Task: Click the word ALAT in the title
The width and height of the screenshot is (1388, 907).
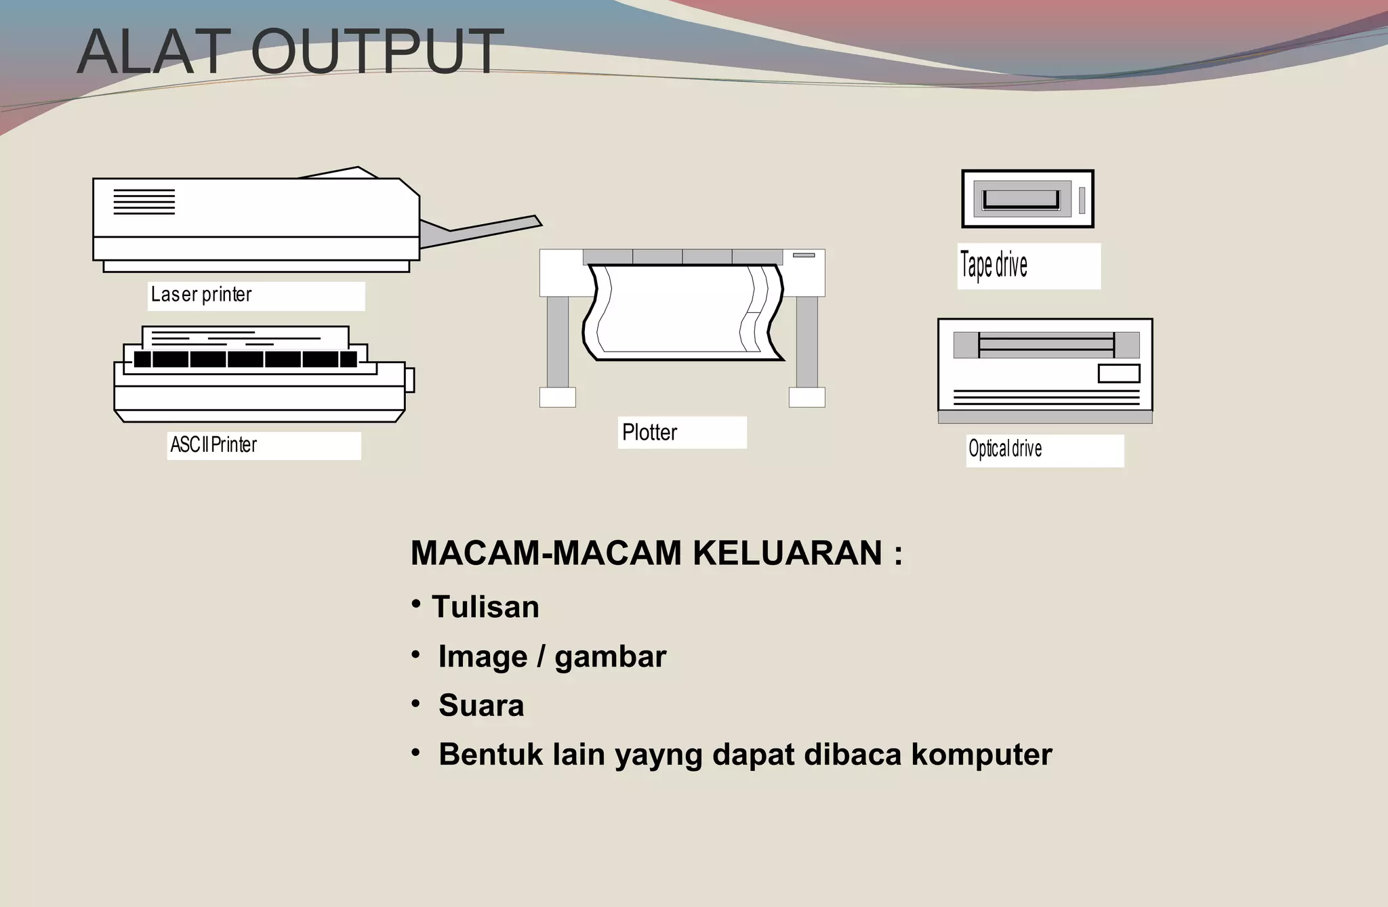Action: pos(153,52)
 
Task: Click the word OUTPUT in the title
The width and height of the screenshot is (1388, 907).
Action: pos(377,52)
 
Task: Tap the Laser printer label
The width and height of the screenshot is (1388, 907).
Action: pos(201,295)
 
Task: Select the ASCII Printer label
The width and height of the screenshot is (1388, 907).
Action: pos(213,445)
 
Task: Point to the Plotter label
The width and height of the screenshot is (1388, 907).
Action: pos(649,432)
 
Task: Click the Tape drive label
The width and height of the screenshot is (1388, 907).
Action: pos(994,265)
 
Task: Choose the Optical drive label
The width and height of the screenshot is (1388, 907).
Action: pos(1005,448)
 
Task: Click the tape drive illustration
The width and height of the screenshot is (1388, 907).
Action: pos(1027,198)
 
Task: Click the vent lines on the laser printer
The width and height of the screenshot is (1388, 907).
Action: pos(144,202)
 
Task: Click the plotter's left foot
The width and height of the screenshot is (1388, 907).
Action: pos(557,397)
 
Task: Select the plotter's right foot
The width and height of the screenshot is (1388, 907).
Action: pos(807,397)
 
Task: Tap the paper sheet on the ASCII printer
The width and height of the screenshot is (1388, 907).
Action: pos(245,336)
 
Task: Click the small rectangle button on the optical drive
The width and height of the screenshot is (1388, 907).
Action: pos(1118,373)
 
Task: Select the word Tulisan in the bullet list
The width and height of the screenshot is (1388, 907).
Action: pos(485,607)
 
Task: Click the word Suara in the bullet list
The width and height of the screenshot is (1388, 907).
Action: pos(481,706)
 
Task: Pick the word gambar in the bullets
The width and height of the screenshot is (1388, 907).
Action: pos(610,657)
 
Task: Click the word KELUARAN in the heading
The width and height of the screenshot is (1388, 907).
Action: pos(787,553)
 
